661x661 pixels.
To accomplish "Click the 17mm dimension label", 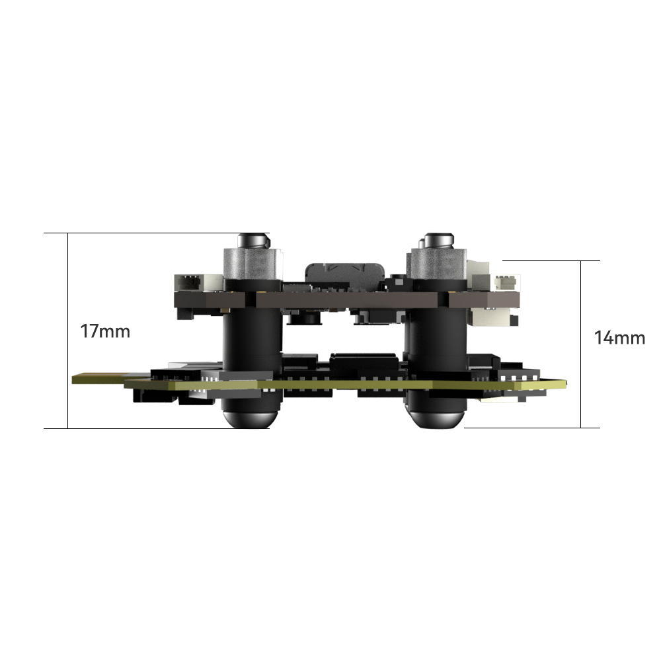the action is pos(105,331).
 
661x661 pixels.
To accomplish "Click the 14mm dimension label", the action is pos(619,338).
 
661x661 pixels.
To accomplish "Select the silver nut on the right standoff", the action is pos(439,264).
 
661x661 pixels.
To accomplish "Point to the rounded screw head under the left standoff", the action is pos(249,418).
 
